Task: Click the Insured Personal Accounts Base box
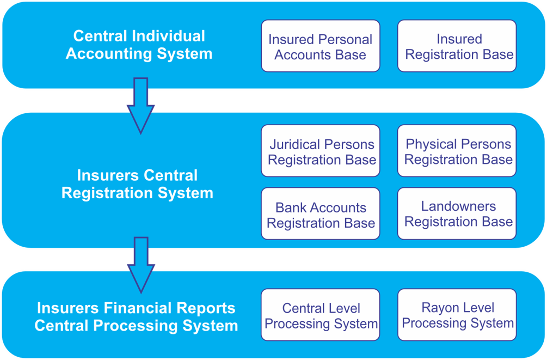coord(321,46)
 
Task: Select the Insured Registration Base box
coord(457,46)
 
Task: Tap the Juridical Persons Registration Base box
coord(321,151)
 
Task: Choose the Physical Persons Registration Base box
coord(457,151)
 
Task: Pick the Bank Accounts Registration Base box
coord(321,214)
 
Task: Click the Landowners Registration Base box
coord(457,214)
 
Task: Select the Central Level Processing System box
coord(321,315)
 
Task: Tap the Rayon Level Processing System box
coord(457,315)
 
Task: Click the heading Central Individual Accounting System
coord(139,45)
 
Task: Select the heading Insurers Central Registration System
coord(137,184)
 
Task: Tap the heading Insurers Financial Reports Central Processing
coord(136,316)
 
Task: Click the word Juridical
coord(294,144)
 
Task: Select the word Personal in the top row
coord(346,40)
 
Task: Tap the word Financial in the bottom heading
coord(145,308)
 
